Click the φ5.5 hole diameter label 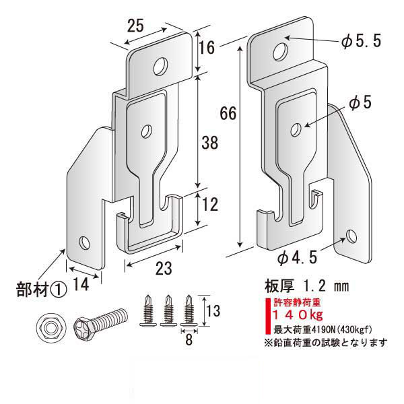[x=362, y=42]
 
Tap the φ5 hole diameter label [x=360, y=102]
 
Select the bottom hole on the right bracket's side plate [x=350, y=236]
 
